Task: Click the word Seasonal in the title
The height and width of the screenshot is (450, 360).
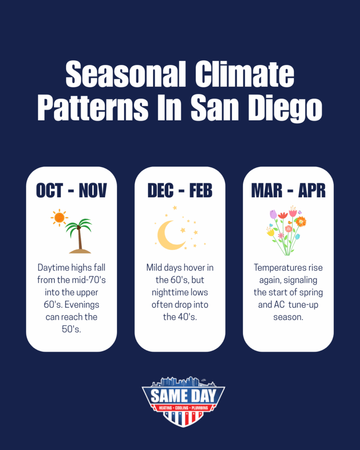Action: pos(126,74)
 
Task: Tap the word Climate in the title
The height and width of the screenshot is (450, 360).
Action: pos(245,74)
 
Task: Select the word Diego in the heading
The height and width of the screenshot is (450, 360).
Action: pos(285,109)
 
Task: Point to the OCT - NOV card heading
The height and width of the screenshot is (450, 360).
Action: pos(72,190)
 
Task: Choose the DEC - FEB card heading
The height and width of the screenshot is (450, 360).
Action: pos(180,190)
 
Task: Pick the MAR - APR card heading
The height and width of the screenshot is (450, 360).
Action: pos(288,190)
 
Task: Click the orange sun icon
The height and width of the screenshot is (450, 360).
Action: pos(59,218)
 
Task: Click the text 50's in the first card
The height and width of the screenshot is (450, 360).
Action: pos(72,329)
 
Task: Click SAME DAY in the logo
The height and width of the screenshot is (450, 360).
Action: pos(183,396)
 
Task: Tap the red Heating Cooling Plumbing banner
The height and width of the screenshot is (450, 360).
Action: pos(183,408)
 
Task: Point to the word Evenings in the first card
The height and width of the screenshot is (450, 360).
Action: pos(82,305)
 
